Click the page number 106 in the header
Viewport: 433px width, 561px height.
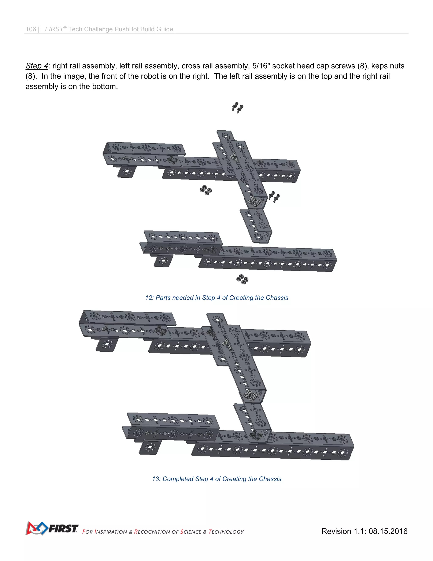pyautogui.click(x=31, y=29)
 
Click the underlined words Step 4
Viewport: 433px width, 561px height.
pyautogui.click(x=37, y=66)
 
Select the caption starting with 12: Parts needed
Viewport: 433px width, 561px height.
pyautogui.click(x=216, y=298)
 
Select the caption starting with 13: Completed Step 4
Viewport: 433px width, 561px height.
pyautogui.click(x=216, y=479)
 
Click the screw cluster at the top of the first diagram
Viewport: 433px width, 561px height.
pyautogui.click(x=237, y=108)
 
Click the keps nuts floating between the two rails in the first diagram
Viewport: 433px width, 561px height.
pyautogui.click(x=206, y=190)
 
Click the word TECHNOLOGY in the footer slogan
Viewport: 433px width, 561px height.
pyautogui.click(x=226, y=532)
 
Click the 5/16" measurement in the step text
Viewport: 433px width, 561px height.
pyautogui.click(x=261, y=66)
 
